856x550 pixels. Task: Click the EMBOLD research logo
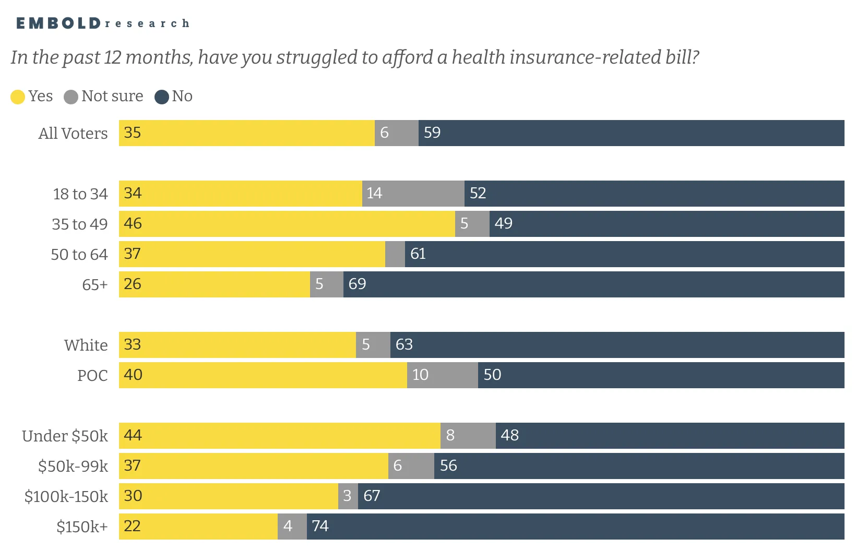(103, 23)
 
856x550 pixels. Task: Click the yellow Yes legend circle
(18, 97)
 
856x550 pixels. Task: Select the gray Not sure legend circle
(70, 97)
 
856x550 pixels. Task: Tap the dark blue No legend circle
(162, 97)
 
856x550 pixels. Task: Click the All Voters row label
(73, 133)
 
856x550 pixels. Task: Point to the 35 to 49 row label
(80, 224)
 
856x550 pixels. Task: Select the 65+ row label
(95, 284)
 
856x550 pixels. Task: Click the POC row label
(92, 376)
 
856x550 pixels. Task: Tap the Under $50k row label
(65, 436)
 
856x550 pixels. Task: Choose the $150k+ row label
(82, 527)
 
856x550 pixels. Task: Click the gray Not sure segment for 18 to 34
(413, 194)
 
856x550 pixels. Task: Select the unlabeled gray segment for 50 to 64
(395, 254)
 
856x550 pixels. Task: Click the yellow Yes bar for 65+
(215, 284)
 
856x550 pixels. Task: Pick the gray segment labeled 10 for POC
(443, 376)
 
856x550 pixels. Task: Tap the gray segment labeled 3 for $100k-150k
(348, 496)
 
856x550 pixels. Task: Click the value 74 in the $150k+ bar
(320, 527)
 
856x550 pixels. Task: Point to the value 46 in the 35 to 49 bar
(133, 223)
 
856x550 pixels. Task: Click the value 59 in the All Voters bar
(432, 133)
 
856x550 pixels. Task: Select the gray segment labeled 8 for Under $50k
(468, 436)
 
